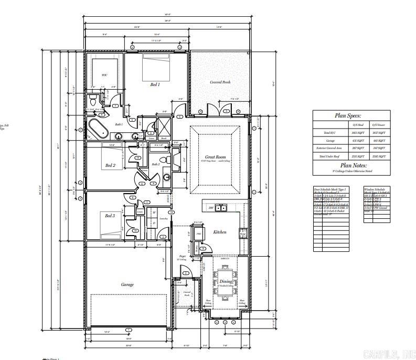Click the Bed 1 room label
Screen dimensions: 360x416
pos(155,84)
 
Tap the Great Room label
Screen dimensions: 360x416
pos(215,157)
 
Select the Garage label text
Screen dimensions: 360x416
pos(127,284)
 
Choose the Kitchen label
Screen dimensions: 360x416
pos(219,232)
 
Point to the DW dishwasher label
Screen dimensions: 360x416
pos(211,208)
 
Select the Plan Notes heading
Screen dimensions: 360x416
pos(351,165)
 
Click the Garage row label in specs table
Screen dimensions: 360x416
pos(330,141)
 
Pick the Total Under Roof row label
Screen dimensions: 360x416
pos(330,156)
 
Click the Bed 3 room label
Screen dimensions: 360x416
pos(110,216)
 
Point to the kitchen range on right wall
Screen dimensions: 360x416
pos(243,232)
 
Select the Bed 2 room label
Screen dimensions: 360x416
pos(110,165)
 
